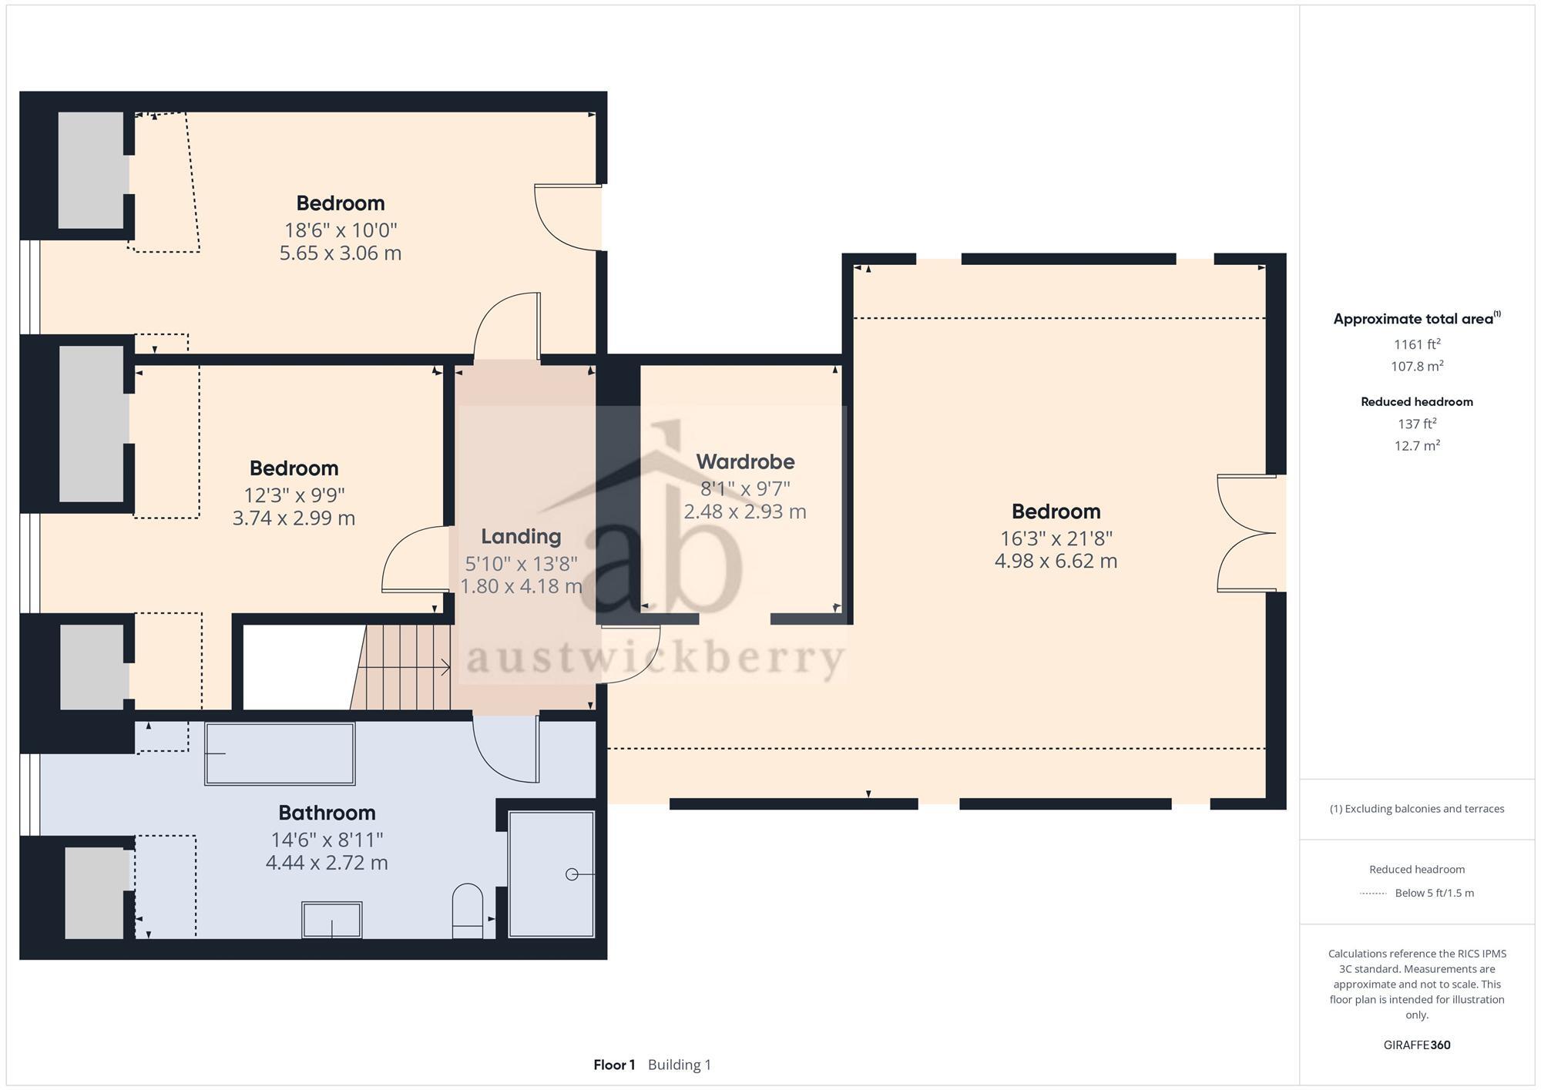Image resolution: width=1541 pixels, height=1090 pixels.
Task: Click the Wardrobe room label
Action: click(x=745, y=461)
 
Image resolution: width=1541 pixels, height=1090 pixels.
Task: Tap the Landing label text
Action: click(x=521, y=536)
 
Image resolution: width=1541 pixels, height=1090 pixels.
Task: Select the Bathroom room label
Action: click(x=327, y=813)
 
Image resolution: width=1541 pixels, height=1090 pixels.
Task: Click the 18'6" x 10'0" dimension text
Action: click(x=341, y=230)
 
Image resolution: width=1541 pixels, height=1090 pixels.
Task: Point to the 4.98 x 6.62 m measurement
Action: click(x=1056, y=561)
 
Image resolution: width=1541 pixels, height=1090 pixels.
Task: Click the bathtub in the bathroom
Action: click(x=280, y=753)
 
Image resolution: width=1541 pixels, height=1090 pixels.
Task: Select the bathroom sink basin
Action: click(x=331, y=920)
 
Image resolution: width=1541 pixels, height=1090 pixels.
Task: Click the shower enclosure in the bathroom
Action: click(x=552, y=874)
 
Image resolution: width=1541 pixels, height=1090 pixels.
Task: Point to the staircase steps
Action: click(x=405, y=667)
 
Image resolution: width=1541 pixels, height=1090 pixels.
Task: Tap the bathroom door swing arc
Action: click(x=505, y=751)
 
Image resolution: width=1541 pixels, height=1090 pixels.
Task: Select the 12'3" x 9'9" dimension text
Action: click(x=294, y=495)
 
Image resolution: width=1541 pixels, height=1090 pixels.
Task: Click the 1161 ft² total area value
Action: click(x=1417, y=344)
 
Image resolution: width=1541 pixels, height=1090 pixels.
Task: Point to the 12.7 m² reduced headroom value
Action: click(x=1417, y=445)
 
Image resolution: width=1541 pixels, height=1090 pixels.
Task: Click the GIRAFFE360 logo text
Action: click(x=1417, y=1045)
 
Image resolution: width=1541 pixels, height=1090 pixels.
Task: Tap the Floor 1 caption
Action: click(x=614, y=1065)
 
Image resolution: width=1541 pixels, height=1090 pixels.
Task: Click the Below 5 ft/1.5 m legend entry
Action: click(x=1433, y=893)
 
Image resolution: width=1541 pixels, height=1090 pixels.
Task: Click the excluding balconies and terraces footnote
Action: click(x=1417, y=809)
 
